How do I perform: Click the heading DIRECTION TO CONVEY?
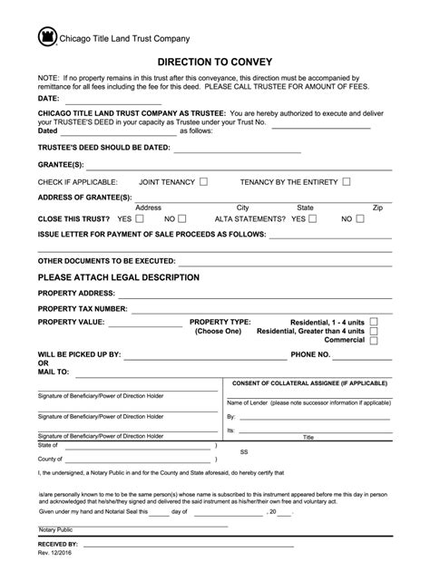pyautogui.click(x=215, y=63)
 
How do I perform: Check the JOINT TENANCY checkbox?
pyautogui.click(x=203, y=181)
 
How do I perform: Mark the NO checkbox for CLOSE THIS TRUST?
pyautogui.click(x=183, y=218)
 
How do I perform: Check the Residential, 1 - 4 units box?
pyautogui.click(x=374, y=322)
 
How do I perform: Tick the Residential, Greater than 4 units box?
pyautogui.click(x=374, y=331)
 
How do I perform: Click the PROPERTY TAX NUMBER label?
pyautogui.click(x=82, y=308)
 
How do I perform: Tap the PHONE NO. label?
pyautogui.click(x=310, y=353)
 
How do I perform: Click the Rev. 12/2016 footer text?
pyautogui.click(x=57, y=553)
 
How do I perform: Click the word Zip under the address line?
pyautogui.click(x=377, y=207)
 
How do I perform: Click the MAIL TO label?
pyautogui.click(x=53, y=372)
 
